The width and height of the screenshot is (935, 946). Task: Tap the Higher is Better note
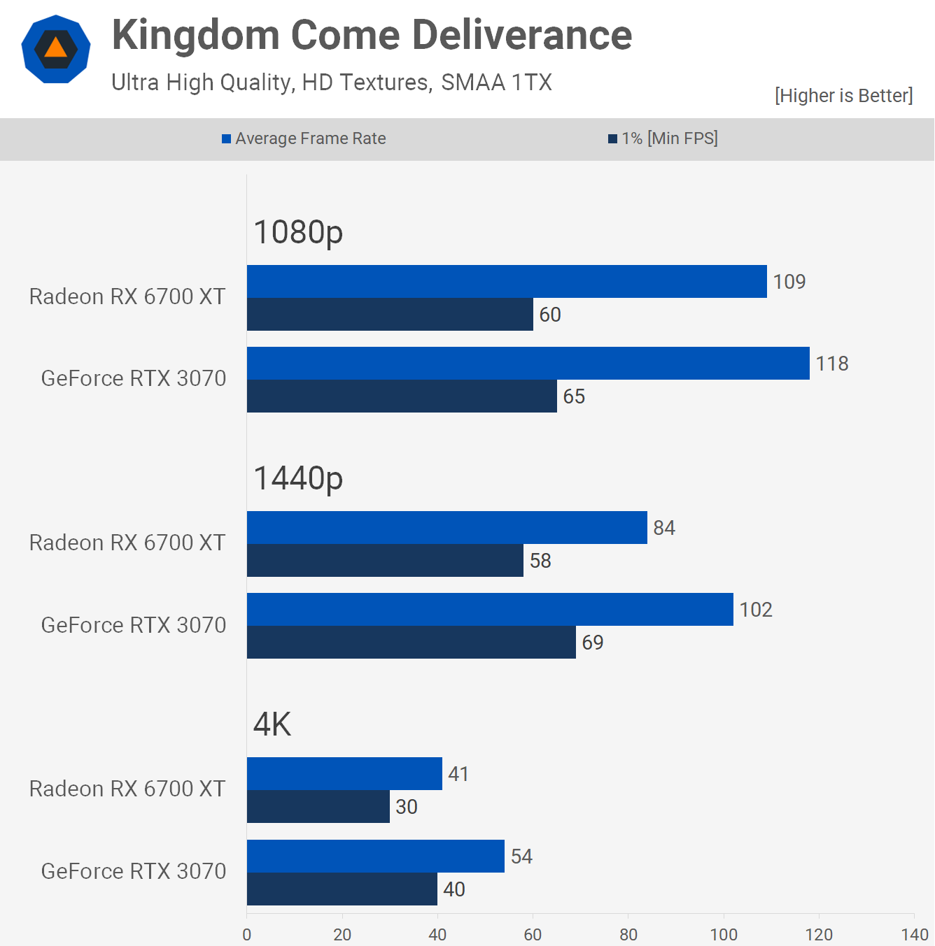point(843,96)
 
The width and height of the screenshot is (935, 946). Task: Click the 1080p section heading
point(298,232)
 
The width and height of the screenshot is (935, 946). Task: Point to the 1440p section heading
point(298,478)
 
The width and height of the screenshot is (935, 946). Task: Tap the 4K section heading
point(272,724)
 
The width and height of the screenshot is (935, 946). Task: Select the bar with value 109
point(507,281)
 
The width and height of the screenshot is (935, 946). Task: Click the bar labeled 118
point(528,363)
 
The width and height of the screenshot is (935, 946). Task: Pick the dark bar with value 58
point(385,560)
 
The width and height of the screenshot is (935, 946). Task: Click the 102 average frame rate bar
point(490,609)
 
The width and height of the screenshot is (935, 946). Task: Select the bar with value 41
point(344,773)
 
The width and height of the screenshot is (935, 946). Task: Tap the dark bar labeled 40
point(342,889)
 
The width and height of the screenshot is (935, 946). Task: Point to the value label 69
point(593,643)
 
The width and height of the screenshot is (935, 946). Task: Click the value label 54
point(521,857)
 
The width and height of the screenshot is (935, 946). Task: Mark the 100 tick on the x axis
point(724,934)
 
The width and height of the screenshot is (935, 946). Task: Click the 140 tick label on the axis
point(915,934)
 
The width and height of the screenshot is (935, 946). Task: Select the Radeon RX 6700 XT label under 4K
point(127,789)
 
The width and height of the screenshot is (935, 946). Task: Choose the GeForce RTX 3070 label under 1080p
point(134,378)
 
